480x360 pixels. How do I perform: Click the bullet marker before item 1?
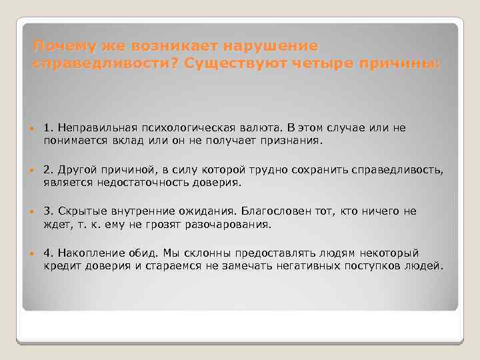(x=33, y=128)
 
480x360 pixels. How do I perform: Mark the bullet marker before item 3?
(x=33, y=211)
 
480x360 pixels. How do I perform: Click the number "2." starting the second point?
(x=49, y=170)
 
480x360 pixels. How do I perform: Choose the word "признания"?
(x=291, y=141)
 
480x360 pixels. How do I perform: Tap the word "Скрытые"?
(x=79, y=211)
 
